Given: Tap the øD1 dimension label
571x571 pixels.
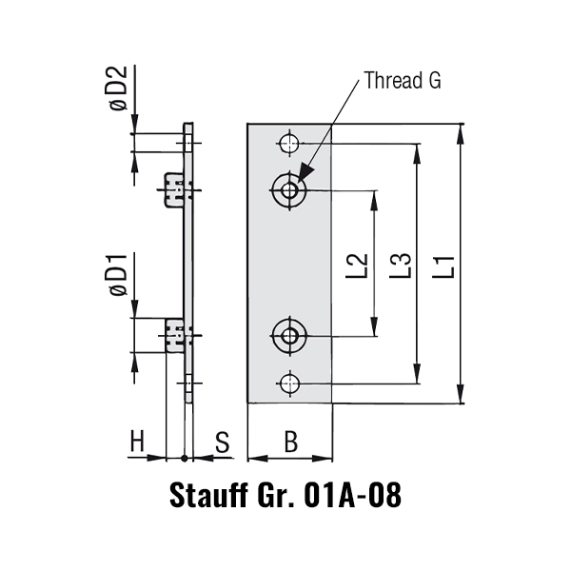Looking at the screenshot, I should pyautogui.click(x=116, y=276).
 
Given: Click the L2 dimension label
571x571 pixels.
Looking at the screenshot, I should pyautogui.click(x=358, y=265).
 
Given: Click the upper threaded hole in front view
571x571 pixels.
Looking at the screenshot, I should pyautogui.click(x=289, y=190).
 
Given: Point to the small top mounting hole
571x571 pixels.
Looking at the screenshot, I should pyautogui.click(x=289, y=144).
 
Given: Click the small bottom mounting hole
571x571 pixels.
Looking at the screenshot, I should pyautogui.click(x=289, y=383).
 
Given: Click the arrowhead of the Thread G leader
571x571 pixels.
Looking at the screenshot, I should pyautogui.click(x=303, y=174).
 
